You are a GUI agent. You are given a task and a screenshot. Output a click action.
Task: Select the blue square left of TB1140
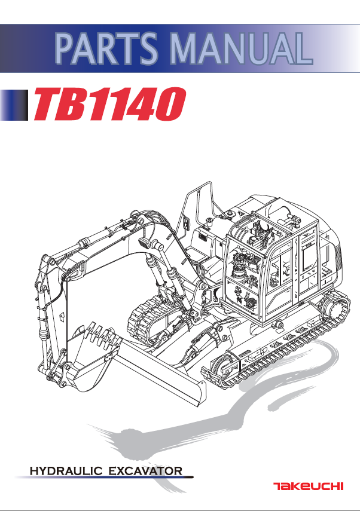click(14, 105)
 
